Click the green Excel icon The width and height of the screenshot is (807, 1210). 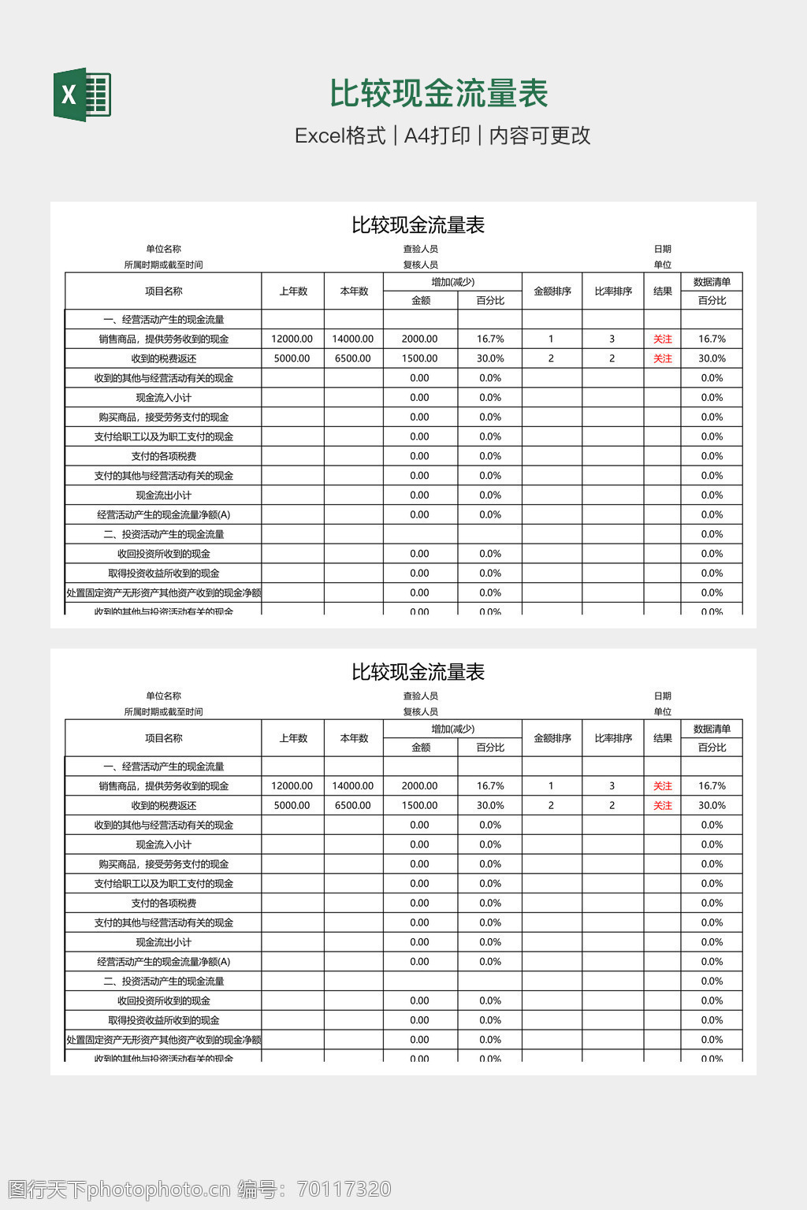pos(82,95)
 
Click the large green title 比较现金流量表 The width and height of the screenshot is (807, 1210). pos(438,94)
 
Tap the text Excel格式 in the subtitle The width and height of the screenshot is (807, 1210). pos(340,135)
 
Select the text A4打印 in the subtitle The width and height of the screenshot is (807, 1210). pos(437,135)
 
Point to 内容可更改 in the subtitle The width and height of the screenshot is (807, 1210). pos(540,135)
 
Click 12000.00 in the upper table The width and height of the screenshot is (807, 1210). pos(292,339)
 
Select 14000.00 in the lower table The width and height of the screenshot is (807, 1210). pos(352,786)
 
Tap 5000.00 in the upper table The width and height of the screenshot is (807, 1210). pos(292,358)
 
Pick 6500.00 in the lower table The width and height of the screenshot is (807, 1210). pos(352,806)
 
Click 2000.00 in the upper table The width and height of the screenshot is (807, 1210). pos(419,339)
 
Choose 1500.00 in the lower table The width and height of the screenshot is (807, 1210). pos(419,806)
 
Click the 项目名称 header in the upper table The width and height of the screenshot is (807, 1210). pos(163,291)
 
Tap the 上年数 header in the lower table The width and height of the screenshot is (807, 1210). pos(293,739)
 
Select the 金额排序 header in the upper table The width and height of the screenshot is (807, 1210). pos(552,291)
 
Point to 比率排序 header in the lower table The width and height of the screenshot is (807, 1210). pos(613,739)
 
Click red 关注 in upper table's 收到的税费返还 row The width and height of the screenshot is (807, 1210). pos(662,358)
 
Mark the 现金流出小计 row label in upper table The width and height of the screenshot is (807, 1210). pos(163,496)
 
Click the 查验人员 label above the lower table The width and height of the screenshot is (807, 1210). pos(420,696)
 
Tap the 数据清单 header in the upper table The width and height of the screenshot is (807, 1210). pos(712,282)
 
